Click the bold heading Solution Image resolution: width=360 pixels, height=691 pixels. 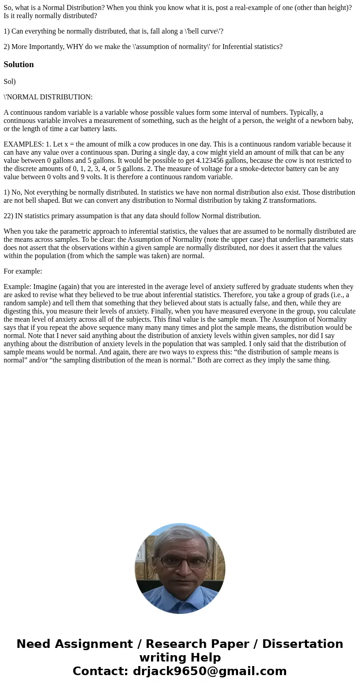tap(19, 64)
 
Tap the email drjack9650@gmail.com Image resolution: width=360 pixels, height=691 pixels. tap(209, 671)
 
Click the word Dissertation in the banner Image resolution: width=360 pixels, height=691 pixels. tap(302, 644)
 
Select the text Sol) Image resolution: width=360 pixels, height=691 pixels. tap(10, 82)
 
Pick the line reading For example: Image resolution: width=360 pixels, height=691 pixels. tap(23, 271)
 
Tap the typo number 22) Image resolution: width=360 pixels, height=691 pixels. tap(8, 216)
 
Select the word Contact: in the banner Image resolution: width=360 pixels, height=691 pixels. tap(101, 671)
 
